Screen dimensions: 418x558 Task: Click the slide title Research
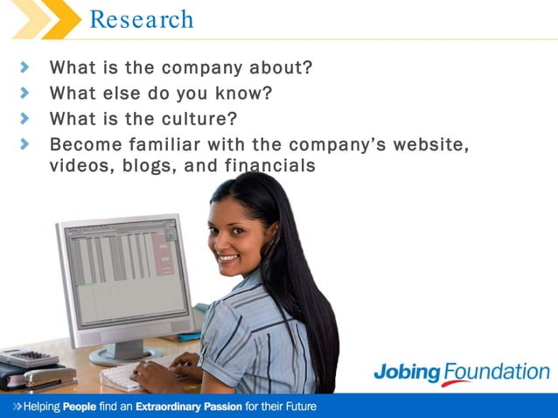click(142, 19)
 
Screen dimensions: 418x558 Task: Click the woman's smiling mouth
click(227, 258)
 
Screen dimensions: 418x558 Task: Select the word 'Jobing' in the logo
click(406, 372)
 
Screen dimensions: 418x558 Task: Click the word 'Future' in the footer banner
click(296, 408)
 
